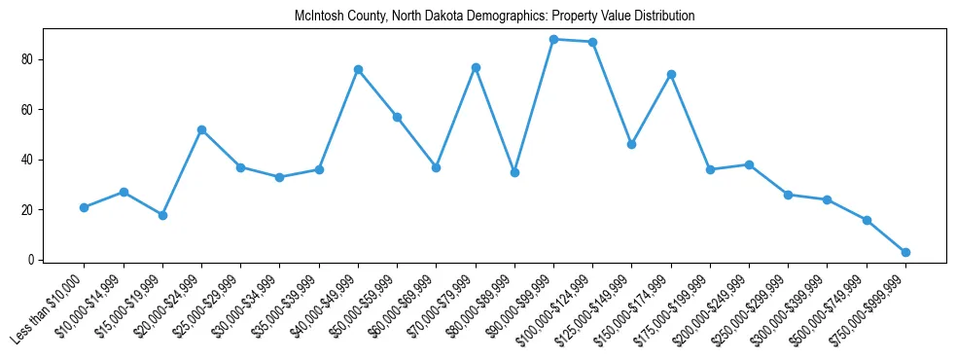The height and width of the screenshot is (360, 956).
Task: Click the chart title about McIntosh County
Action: click(x=495, y=17)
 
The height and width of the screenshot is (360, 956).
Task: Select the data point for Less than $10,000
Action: click(x=85, y=207)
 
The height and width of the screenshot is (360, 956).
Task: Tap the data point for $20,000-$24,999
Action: click(x=201, y=129)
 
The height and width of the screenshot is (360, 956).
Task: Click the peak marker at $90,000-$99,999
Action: click(x=553, y=39)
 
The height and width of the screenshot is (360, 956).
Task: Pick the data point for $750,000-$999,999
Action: click(x=905, y=252)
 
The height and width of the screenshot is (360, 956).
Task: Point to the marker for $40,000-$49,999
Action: click(x=358, y=69)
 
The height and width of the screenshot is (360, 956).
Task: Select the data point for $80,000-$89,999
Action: click(x=514, y=172)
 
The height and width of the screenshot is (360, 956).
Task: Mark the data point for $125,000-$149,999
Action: click(x=632, y=144)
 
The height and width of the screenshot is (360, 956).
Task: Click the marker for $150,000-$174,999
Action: click(x=671, y=74)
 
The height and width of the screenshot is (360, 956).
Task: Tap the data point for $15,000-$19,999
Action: click(x=162, y=215)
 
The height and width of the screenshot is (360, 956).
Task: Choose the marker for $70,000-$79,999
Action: click(x=476, y=67)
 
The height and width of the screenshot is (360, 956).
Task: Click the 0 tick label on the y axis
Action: click(x=32, y=260)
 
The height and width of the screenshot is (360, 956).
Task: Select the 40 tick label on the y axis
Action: click(x=29, y=160)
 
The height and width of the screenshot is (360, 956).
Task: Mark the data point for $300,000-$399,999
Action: click(x=827, y=199)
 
